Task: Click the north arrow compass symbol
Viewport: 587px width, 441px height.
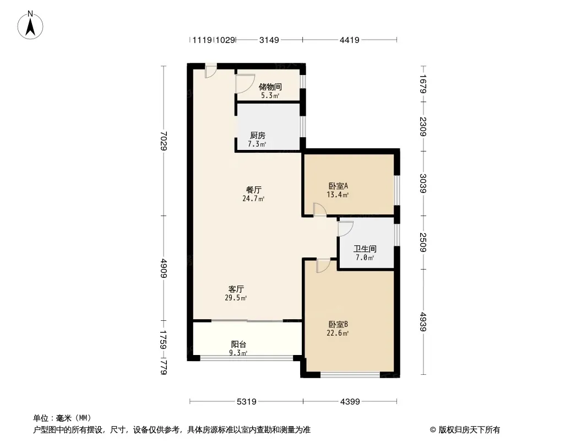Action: coord(30,25)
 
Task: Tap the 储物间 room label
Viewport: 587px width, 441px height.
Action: coord(270,87)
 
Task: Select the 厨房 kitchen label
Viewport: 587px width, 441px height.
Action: coord(258,135)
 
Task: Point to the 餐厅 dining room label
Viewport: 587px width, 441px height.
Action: coord(253,190)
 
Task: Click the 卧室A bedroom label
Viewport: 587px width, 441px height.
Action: coord(338,186)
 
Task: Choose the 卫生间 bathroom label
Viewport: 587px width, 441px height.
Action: coord(365,249)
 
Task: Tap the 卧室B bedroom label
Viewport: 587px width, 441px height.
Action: coord(338,325)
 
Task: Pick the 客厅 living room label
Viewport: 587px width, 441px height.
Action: coord(236,289)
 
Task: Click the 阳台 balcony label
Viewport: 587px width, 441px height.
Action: coord(238,345)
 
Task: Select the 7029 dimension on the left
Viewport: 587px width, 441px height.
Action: coord(164,141)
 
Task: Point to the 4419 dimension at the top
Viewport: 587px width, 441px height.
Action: coord(349,40)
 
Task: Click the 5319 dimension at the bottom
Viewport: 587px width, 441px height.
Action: coord(247,402)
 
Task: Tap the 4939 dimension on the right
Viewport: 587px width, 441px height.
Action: coord(423,322)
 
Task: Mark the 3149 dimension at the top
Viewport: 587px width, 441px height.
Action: coord(269,40)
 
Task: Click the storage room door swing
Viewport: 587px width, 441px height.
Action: coord(244,84)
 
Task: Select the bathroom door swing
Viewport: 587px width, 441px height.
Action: coord(345,229)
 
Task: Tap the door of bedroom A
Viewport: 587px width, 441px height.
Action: coord(320,209)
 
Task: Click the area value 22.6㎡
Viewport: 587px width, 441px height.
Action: coord(338,333)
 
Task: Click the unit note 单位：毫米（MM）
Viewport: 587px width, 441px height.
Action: coord(62,418)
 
